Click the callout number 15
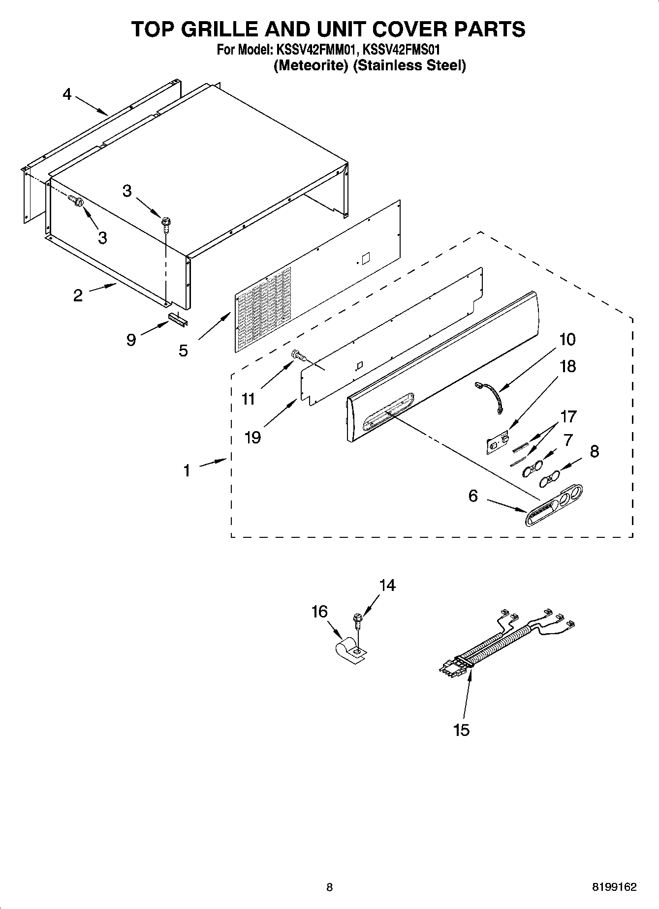pos(462,730)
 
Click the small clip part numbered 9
pos(178,320)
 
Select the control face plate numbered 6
pos(554,506)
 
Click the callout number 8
pos(594,451)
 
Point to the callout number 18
pos(568,366)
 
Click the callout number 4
pos(67,94)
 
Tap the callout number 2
pos(78,295)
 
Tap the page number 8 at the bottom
pos(329,887)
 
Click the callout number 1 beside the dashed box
pos(187,471)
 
